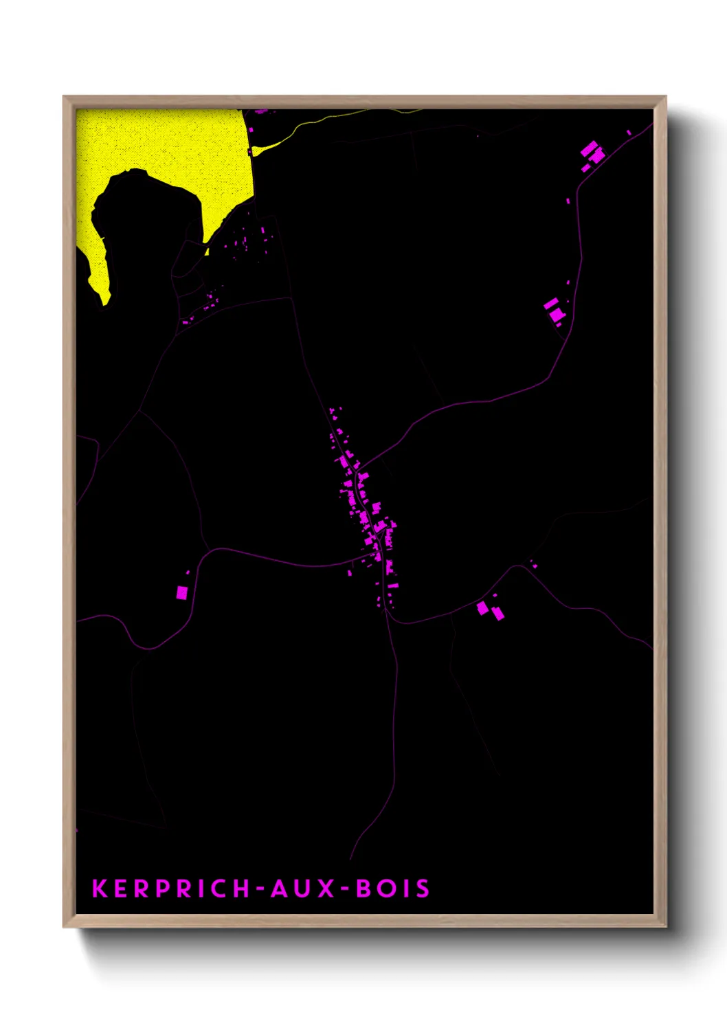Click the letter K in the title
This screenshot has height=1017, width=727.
click(100, 889)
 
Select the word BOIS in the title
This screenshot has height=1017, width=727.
click(393, 889)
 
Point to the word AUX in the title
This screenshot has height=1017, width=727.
click(302, 889)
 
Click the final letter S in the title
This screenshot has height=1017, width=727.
click(422, 889)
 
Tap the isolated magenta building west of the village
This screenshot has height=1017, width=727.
click(182, 592)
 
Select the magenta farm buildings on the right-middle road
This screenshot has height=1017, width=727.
click(555, 311)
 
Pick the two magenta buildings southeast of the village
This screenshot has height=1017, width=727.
click(491, 610)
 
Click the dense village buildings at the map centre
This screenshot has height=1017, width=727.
click(364, 502)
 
